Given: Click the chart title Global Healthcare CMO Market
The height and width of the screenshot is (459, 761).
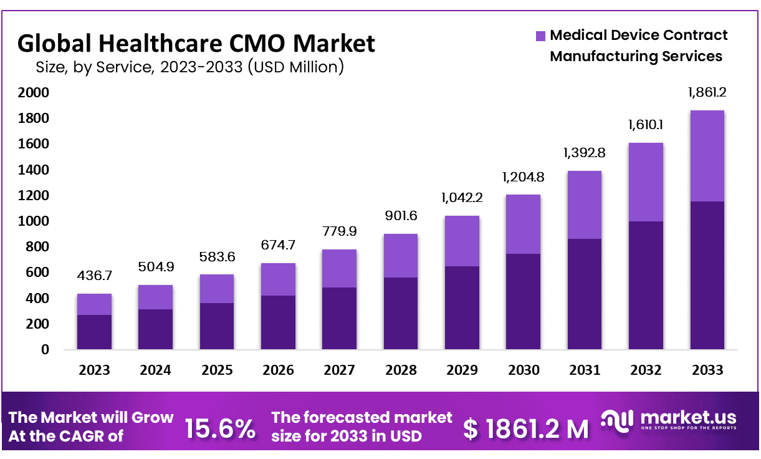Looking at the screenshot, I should coord(196,44).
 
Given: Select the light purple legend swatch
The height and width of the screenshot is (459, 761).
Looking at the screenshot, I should coord(540,36).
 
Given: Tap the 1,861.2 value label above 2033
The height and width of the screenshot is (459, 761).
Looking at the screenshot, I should coord(707,93).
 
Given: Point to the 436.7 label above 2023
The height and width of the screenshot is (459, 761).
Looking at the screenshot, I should coord(94,276).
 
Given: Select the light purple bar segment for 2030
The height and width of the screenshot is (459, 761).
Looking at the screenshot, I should coord(524,224).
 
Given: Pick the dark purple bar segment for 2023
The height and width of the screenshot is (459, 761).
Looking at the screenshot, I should coord(94,332).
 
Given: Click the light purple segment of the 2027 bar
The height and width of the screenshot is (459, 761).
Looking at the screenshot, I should coord(340,268).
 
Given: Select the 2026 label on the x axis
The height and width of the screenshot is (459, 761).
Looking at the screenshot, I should coord(278,370).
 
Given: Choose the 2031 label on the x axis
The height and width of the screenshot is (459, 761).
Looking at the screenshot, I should coord(585,370).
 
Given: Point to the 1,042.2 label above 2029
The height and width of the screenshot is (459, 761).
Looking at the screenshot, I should coord(462,198).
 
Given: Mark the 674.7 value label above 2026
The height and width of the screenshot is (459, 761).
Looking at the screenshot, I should coord(278,245).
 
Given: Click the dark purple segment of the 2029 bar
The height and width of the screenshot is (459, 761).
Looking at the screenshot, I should coord(462,308).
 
